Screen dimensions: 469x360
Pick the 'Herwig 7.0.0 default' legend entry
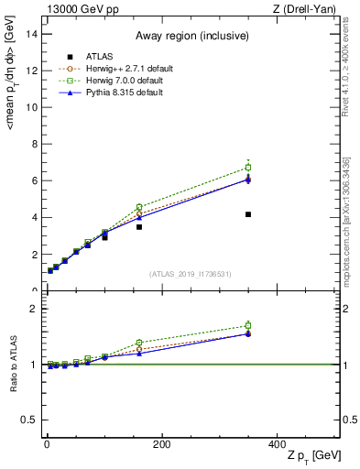coord(122,81)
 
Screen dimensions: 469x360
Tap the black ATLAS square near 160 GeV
coord(139,226)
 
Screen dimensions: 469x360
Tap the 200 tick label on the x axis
coord(162,444)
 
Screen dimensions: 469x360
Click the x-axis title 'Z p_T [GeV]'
coord(309,457)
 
